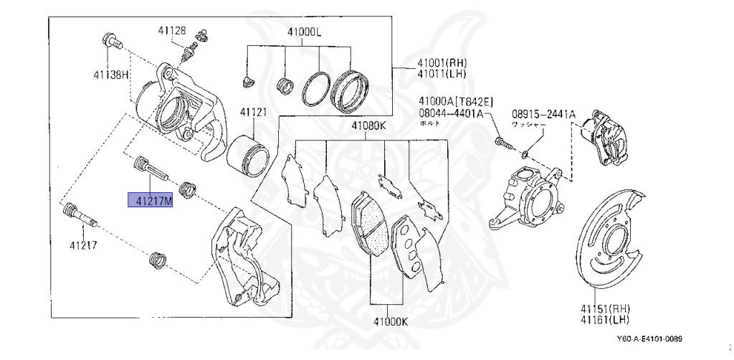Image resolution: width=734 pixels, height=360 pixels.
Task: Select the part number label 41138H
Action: coord(110,75)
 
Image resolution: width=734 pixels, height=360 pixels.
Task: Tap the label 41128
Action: coord(172,30)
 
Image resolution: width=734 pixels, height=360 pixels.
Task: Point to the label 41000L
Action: coord(305,32)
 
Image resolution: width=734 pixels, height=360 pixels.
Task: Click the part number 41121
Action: coord(253,113)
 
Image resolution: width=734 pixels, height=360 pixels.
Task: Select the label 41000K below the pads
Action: coord(389,322)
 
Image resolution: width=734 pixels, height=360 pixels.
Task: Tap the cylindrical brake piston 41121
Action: coord(248,151)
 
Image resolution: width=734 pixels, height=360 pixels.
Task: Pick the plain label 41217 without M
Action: coord(83,245)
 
